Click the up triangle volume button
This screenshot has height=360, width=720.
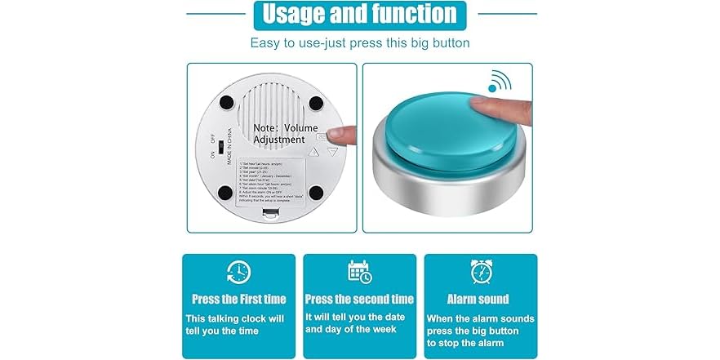(314, 151)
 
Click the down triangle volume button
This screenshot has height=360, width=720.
(332, 151)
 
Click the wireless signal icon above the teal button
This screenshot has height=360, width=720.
(499, 82)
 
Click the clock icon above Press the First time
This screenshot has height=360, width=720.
(238, 272)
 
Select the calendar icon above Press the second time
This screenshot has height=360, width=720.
(359, 272)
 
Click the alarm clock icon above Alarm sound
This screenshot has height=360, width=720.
(480, 272)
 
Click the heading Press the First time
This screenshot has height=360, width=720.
(238, 299)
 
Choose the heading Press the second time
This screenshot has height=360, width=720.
(359, 299)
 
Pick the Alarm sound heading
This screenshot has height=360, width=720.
(478, 299)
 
